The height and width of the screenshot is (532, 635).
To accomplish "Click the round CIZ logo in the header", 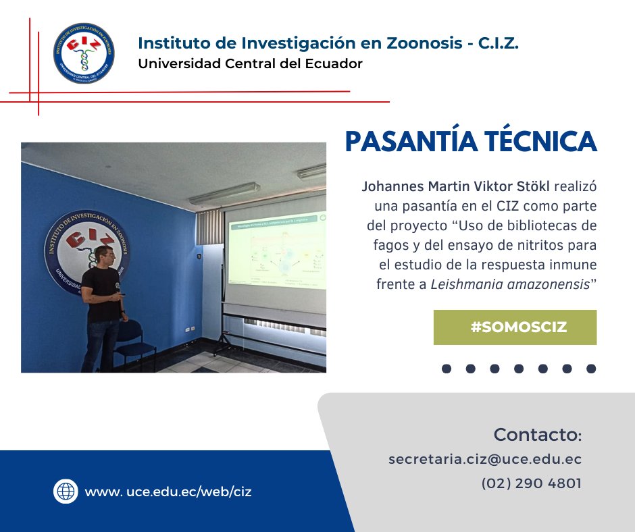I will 83,53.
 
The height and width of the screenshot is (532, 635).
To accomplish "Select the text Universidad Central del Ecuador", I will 250,64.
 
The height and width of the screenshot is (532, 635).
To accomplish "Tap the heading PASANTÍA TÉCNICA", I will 471,142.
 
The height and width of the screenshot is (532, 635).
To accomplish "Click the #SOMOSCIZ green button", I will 515,327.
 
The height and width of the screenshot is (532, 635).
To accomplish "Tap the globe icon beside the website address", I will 66,491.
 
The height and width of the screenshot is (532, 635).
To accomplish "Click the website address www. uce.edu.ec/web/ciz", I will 168,491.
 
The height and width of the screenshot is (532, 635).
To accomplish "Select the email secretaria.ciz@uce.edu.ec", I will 485,459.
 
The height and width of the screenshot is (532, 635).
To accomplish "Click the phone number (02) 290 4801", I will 531,483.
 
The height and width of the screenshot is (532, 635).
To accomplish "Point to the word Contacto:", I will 537,433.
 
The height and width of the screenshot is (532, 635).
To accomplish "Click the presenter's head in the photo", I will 104,257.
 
